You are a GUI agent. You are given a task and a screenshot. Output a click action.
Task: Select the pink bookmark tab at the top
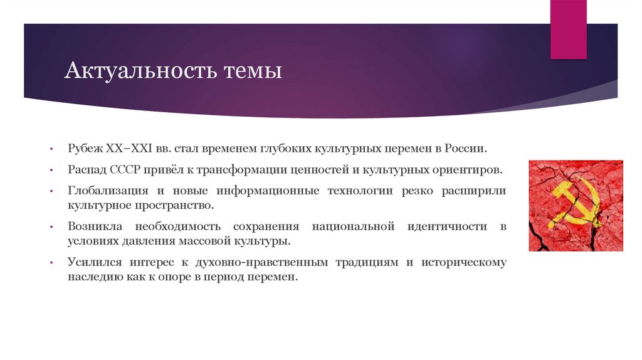[x=568, y=29]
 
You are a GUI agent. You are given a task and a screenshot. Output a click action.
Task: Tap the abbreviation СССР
[x=128, y=170]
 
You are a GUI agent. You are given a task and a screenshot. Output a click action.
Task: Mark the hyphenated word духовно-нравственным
[x=295, y=263]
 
